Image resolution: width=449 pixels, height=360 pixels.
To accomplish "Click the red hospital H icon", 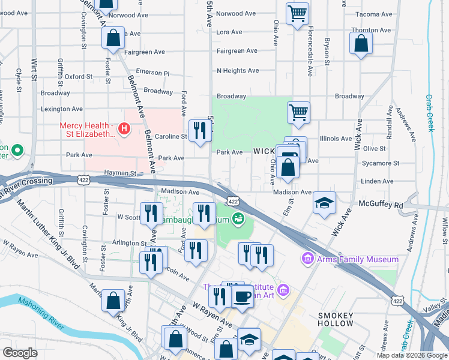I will pyautogui.click(x=124, y=128).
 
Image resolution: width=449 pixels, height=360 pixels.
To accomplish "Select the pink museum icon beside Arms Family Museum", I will pyautogui.click(x=308, y=259).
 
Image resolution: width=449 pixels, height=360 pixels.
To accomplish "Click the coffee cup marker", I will pyautogui.click(x=242, y=296).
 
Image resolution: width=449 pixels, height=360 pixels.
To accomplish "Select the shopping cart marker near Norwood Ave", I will pyautogui.click(x=297, y=13).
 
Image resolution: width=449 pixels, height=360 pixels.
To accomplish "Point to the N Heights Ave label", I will pyautogui.click(x=238, y=71).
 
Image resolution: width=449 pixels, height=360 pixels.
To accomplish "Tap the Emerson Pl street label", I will pyautogui.click(x=153, y=72).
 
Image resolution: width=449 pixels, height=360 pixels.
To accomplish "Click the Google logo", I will pyautogui.click(x=20, y=353).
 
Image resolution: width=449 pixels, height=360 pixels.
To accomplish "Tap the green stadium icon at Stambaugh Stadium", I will pyautogui.click(x=239, y=219).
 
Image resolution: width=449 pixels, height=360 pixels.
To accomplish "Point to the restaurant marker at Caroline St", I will pyautogui.click(x=199, y=130).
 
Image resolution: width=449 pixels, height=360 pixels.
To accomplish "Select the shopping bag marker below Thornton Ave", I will pyautogui.click(x=360, y=43).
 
